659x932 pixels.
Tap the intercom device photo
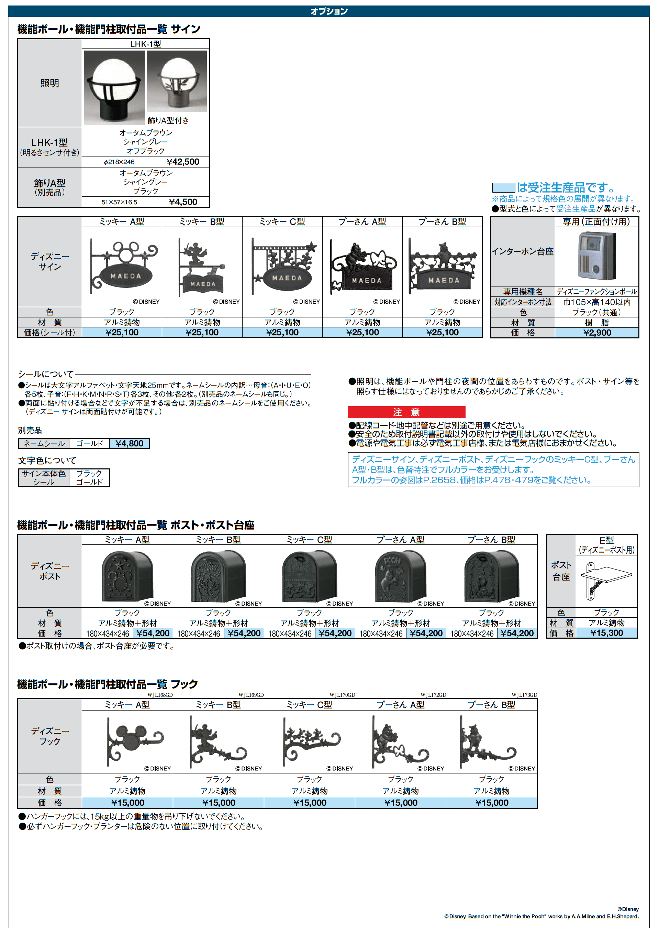[596, 256]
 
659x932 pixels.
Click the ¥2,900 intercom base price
[597, 333]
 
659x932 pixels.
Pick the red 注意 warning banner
[406, 412]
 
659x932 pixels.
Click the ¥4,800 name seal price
[130, 443]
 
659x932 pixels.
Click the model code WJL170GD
[342, 695]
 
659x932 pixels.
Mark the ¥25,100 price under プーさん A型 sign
[362, 332]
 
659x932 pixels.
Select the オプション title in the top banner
[329, 11]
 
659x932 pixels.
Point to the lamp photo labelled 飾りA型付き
[177, 81]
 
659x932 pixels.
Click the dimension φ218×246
[119, 162]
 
